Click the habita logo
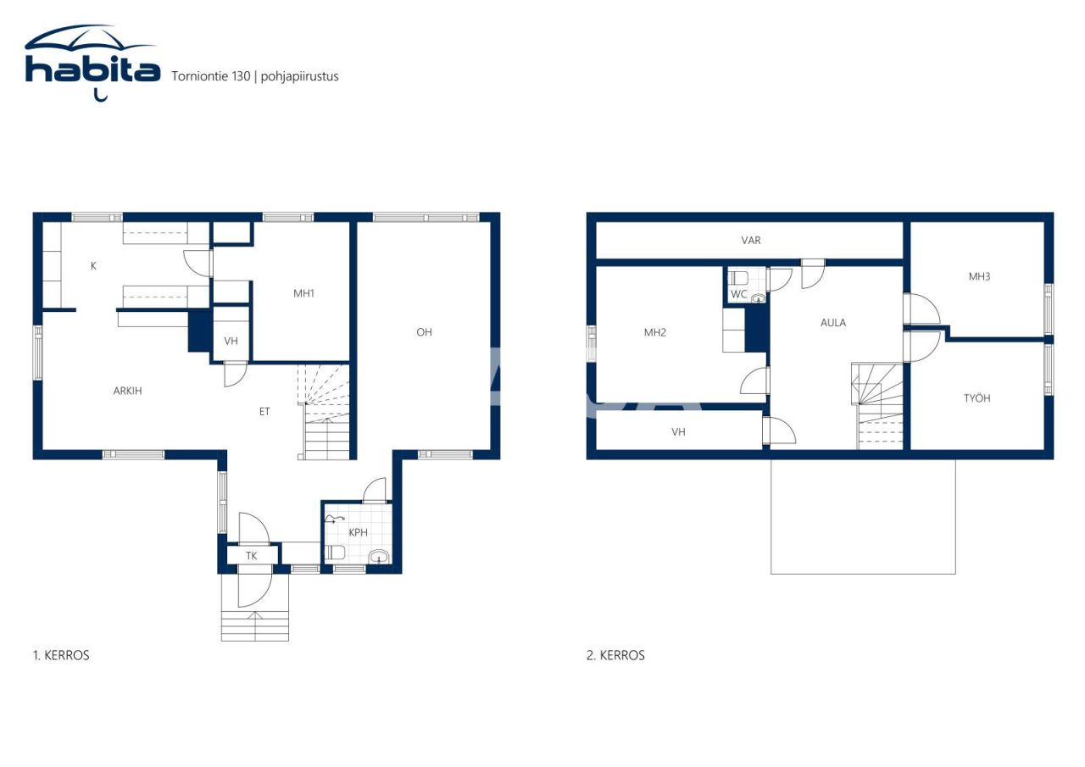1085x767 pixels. [92, 63]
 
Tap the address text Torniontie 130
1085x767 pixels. [211, 76]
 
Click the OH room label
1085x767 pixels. [424, 332]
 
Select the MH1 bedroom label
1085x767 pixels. [303, 293]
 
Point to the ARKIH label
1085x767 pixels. [127, 391]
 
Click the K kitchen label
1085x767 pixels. [93, 266]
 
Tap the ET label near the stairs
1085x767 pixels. [264, 412]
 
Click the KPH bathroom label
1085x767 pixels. [358, 532]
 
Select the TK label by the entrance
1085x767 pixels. [251, 556]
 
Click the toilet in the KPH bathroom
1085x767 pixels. [335, 553]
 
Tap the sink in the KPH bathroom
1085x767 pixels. [379, 556]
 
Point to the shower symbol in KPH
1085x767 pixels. [334, 520]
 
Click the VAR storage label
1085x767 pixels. [751, 240]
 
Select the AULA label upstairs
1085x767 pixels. [833, 323]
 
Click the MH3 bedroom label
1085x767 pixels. [979, 276]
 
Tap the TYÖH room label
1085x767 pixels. [977, 398]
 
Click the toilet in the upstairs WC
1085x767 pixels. [738, 278]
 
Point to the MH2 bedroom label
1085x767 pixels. [655, 332]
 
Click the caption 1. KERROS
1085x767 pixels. [61, 656]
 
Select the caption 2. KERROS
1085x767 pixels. [615, 656]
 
